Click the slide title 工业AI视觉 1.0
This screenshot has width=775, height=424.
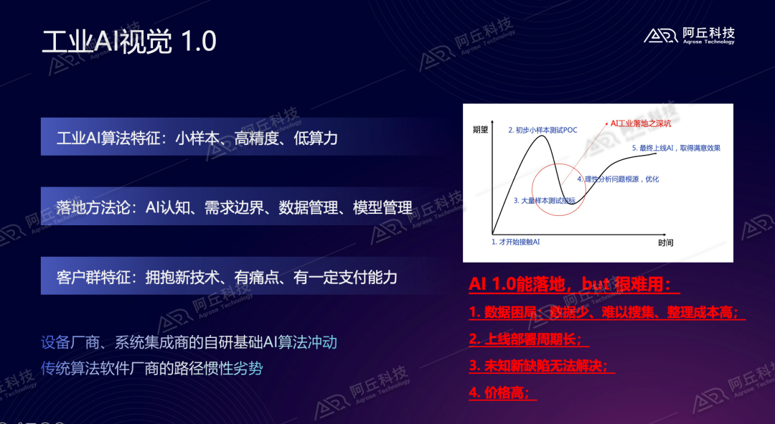coord(129,42)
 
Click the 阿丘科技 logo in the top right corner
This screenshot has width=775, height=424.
coord(689,35)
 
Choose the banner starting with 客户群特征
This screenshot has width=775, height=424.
coord(227,277)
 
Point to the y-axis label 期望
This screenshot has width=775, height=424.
coord(480,130)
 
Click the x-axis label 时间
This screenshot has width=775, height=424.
coord(665,243)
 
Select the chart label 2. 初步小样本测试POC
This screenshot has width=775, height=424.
coord(544,130)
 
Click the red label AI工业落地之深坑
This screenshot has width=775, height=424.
coord(639,123)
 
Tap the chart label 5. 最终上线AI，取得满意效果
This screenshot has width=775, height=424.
coord(676,148)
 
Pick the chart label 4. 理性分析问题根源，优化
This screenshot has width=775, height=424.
coord(618,179)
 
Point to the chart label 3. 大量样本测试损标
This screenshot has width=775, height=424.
coord(545,201)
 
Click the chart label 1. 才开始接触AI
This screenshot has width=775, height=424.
coord(515,242)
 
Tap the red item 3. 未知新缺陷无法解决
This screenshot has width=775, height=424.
coord(542,366)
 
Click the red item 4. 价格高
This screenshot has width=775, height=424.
coord(502,392)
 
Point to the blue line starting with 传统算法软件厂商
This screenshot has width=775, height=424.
coord(151,369)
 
